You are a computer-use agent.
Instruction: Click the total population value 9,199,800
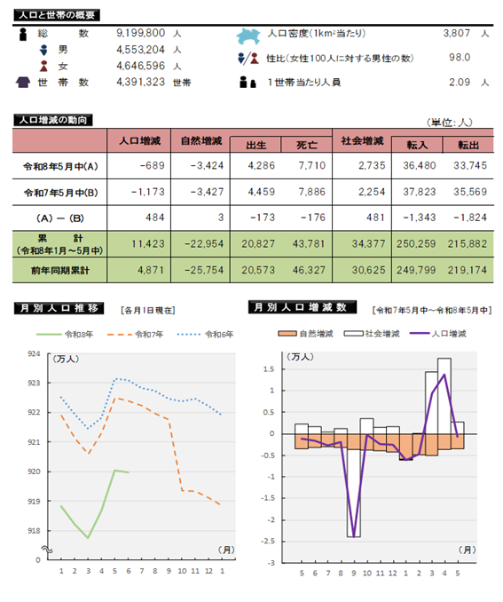[141, 33]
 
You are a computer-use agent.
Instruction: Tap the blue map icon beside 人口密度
[248, 36]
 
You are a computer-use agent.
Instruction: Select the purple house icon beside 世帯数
[23, 83]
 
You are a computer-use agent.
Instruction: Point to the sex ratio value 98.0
[460, 58]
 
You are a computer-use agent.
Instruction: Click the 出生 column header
[255, 145]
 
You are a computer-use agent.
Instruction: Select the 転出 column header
[468, 145]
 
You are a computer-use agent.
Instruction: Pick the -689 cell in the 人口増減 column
[153, 165]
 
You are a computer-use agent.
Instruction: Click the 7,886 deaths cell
[312, 192]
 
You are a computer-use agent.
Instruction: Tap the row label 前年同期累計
[60, 271]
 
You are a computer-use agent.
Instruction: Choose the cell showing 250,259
[416, 244]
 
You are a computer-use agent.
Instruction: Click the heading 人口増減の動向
[53, 120]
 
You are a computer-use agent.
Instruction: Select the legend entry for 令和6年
[205, 335]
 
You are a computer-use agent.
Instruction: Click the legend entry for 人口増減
[437, 334]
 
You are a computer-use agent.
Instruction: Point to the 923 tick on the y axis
[34, 384]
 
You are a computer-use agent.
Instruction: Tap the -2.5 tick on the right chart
[268, 542]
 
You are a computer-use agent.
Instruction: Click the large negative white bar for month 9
[353, 493]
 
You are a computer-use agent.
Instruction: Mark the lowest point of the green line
[88, 538]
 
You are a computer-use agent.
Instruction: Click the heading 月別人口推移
[59, 308]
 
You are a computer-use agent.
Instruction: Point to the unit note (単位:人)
[449, 123]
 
